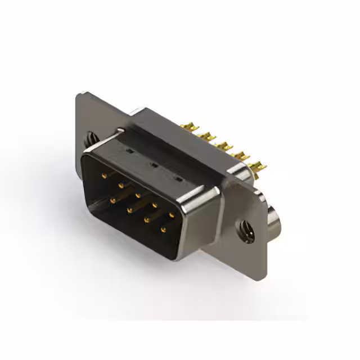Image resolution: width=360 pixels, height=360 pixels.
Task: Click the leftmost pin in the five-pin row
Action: coord(103,176)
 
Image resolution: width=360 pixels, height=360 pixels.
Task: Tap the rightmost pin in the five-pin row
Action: coord(172,214)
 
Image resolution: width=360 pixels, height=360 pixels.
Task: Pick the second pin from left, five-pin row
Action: coord(120,185)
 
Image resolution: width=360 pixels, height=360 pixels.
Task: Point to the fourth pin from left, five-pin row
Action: coord(155,205)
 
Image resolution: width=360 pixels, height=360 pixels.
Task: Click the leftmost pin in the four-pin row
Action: coord(112,200)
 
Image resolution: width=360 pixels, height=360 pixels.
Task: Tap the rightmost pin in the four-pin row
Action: coord(164,229)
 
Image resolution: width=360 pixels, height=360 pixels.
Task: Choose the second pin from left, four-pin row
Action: coord(129,210)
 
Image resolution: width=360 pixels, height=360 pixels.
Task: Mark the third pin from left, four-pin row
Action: coord(146,220)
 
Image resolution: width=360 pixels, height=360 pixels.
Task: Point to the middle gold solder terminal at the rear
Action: coord(224,146)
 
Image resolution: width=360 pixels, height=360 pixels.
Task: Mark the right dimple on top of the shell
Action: coord(178,179)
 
